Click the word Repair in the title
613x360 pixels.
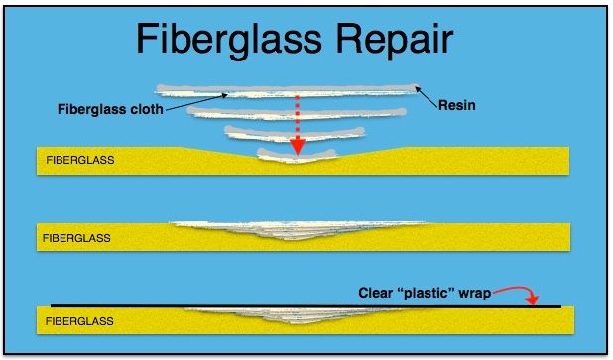(x=394, y=41)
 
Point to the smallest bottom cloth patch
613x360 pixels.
(x=295, y=155)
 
